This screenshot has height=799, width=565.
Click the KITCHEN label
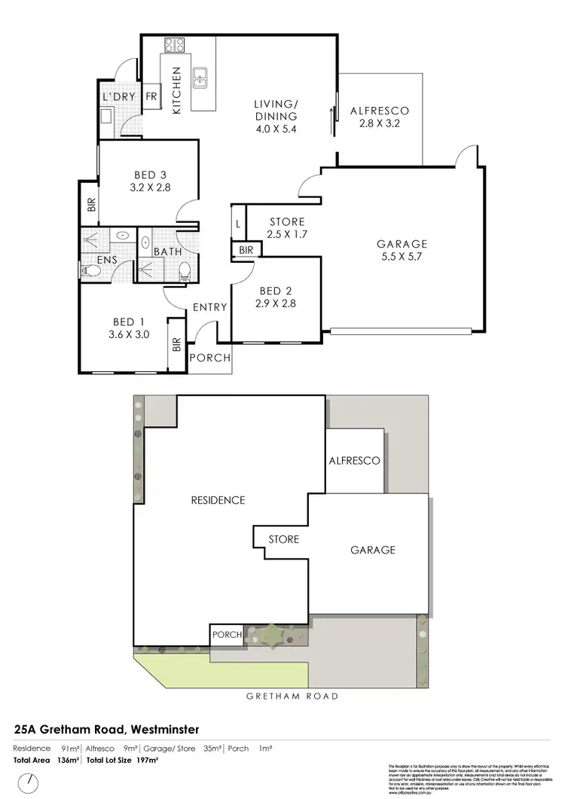pyautogui.click(x=177, y=90)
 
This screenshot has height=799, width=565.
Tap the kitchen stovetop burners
pyautogui.click(x=175, y=45)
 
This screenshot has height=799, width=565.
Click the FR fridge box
pyautogui.click(x=151, y=96)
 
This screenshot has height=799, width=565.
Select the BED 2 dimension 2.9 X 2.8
pyautogui.click(x=276, y=304)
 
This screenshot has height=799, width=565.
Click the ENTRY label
pyautogui.click(x=210, y=307)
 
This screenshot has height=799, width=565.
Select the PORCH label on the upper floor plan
pyautogui.click(x=210, y=358)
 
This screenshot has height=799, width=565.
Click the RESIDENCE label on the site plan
pyautogui.click(x=218, y=500)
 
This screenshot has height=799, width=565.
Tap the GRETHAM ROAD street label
pyautogui.click(x=292, y=697)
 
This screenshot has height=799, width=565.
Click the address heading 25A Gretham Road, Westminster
pyautogui.click(x=106, y=730)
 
